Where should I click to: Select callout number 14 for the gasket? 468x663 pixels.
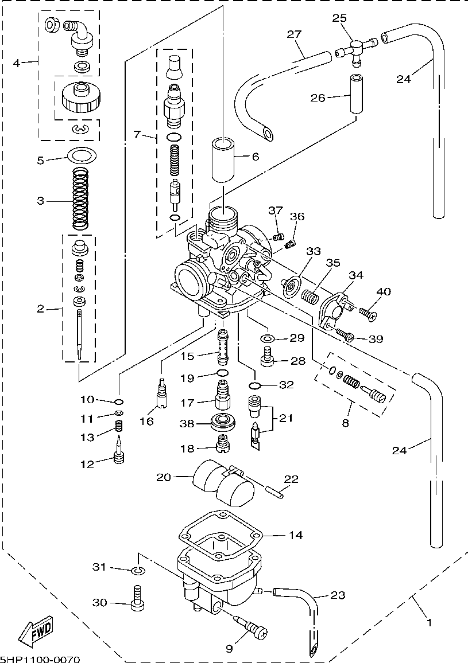(x=296, y=535)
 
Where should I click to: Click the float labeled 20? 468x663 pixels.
(x=223, y=483)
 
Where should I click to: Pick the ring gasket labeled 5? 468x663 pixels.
(x=82, y=155)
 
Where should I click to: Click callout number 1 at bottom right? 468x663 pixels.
(x=430, y=622)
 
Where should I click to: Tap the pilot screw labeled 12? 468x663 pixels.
(x=119, y=450)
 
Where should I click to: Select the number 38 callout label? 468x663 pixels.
(x=187, y=423)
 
